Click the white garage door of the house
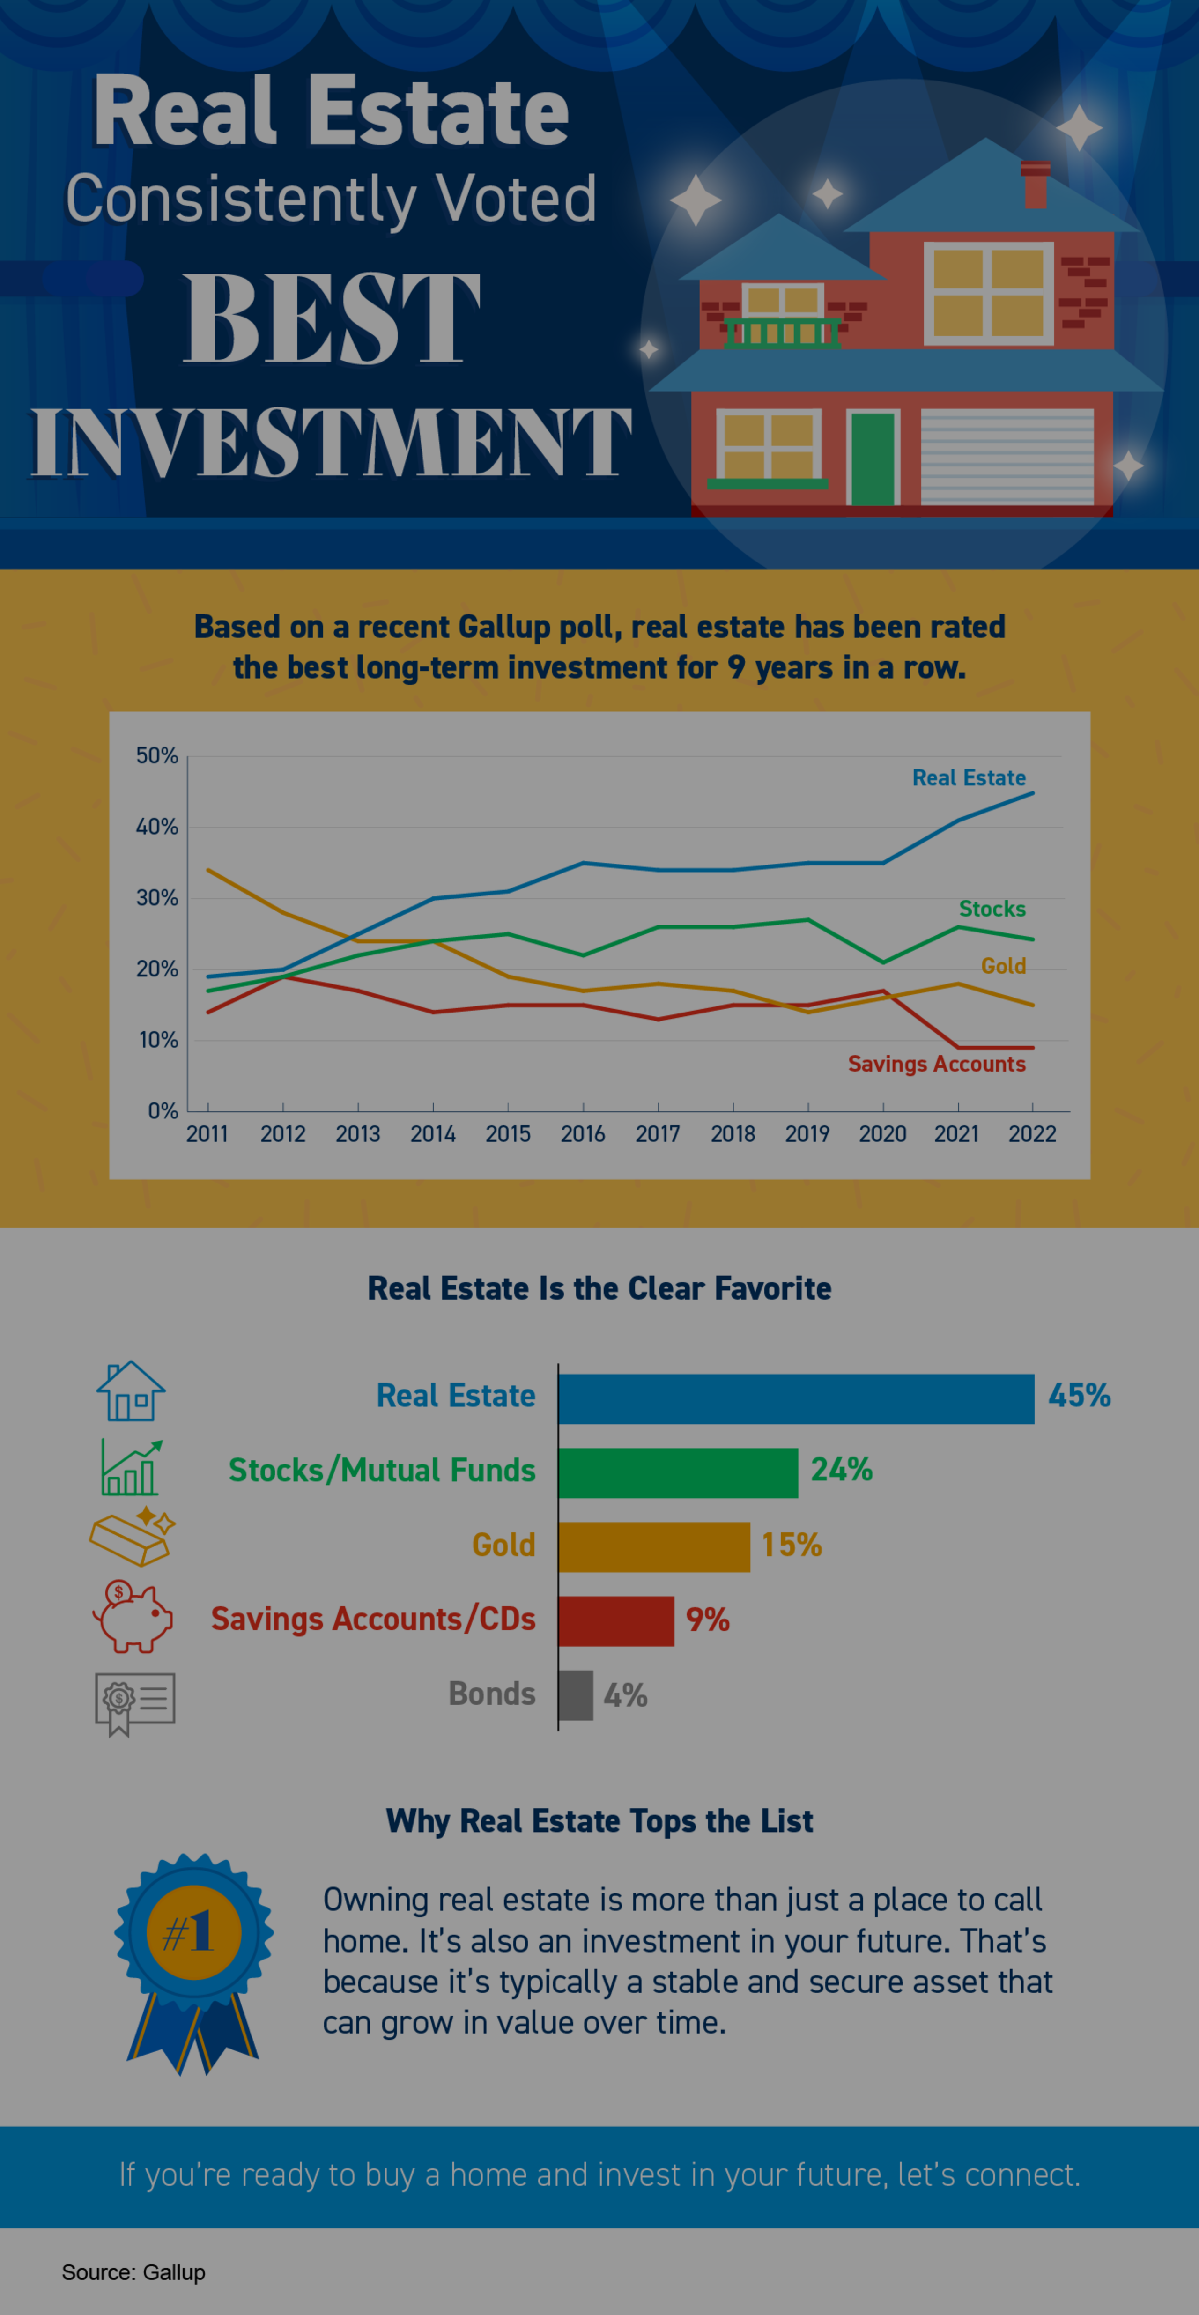1007,457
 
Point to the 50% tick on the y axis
157,756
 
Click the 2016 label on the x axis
583,1134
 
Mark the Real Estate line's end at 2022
1033,793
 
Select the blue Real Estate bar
795,1398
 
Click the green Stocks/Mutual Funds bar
678,1473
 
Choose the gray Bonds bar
575,1695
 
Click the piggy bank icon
132,1618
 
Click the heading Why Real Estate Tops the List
599,1821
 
